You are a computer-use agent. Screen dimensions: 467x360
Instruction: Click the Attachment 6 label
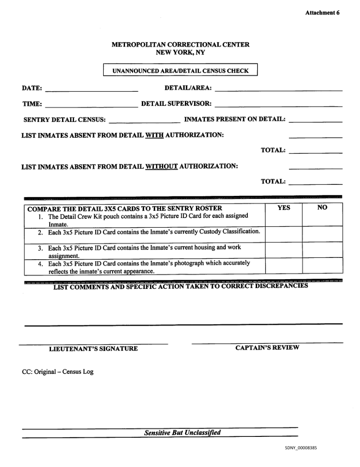pyautogui.click(x=322, y=13)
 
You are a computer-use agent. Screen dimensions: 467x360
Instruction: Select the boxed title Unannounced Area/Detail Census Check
pyautogui.click(x=180, y=70)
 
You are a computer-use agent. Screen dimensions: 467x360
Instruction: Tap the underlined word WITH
pyautogui.click(x=154, y=135)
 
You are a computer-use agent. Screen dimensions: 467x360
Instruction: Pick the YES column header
pyautogui.click(x=284, y=207)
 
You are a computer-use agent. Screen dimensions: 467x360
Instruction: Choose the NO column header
pyautogui.click(x=322, y=207)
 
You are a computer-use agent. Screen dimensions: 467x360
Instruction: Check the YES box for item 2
pyautogui.click(x=284, y=234)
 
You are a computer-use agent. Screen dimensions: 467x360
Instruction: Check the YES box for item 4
pyautogui.click(x=284, y=266)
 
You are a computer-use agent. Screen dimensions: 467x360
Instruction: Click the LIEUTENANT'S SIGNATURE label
pyautogui.click(x=93, y=349)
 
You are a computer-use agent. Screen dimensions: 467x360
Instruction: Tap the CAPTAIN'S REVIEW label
pyautogui.click(x=267, y=347)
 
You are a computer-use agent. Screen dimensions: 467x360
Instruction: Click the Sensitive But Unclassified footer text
pyautogui.click(x=182, y=432)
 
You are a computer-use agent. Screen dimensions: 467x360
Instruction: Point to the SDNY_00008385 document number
pyautogui.click(x=301, y=448)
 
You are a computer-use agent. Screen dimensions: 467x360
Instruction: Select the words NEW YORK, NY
pyautogui.click(x=180, y=52)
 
